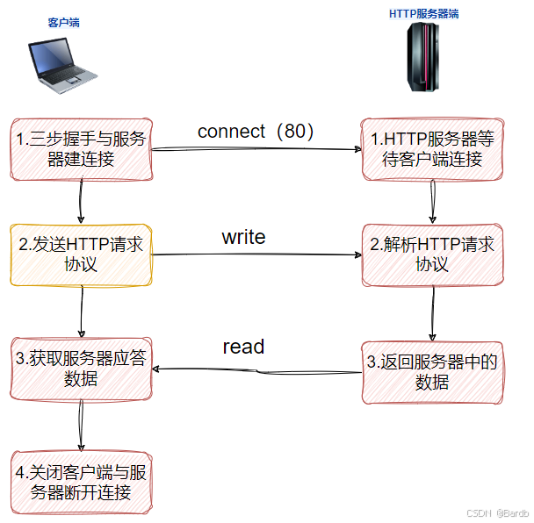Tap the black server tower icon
423,57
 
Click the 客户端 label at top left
63,22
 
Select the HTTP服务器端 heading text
423,14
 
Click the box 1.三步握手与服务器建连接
82,147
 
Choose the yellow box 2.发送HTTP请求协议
81,254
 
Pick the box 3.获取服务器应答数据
81,368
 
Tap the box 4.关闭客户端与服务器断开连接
81,481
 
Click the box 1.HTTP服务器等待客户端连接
432,147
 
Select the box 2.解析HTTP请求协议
432,254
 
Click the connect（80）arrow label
256,132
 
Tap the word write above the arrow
243,237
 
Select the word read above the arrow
243,347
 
